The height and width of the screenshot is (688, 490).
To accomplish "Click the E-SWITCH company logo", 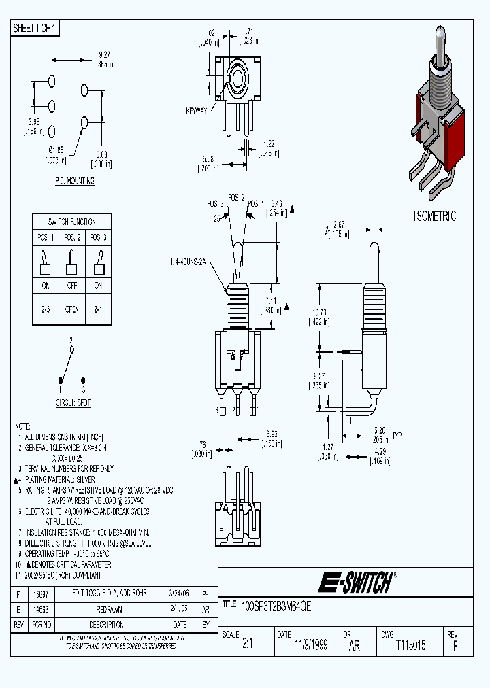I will [355, 583].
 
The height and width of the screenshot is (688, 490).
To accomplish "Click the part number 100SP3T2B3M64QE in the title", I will [276, 606].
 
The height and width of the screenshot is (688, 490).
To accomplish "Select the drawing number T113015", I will [410, 646].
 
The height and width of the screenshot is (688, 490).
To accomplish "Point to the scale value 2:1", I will [247, 646].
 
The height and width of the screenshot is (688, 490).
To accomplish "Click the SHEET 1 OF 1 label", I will [35, 28].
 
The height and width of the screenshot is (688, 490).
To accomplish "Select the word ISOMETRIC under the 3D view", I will [435, 216].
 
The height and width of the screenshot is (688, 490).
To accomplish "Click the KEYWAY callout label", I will [197, 111].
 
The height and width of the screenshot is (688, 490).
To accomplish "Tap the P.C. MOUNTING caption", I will [74, 182].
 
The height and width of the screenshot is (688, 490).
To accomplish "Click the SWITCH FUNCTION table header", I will [71, 222].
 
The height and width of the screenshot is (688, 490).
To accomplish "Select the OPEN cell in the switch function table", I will [71, 309].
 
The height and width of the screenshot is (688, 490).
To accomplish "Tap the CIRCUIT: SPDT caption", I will [73, 402].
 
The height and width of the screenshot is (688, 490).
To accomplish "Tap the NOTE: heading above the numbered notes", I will [22, 424].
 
